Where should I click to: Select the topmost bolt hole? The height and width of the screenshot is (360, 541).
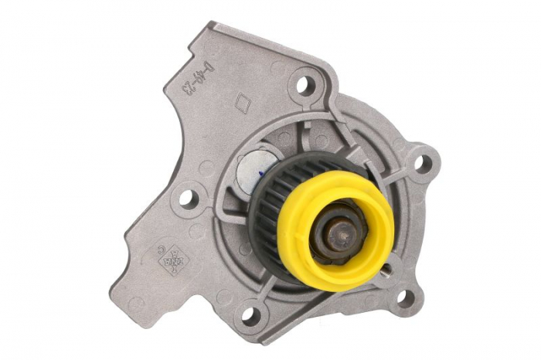pyautogui.click(x=305, y=83)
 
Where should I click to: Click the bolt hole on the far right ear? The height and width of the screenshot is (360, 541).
pyautogui.click(x=421, y=164)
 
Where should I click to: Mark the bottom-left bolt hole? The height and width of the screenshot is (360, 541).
pyautogui.click(x=249, y=314)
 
